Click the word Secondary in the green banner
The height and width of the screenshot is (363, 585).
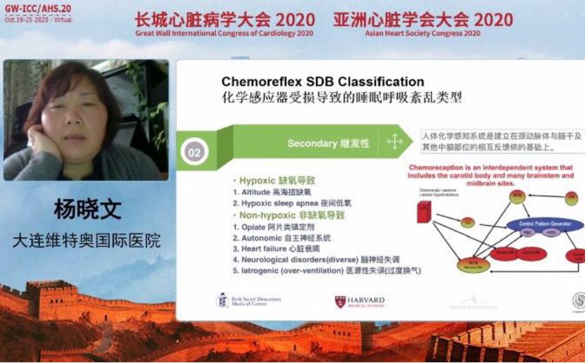[x=312, y=143]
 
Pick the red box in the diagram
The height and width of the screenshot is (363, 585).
[x=424, y=212]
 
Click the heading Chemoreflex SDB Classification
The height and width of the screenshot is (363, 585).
[x=322, y=82]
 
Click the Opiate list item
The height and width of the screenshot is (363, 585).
[x=275, y=227]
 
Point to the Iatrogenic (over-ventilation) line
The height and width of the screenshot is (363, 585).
[x=327, y=270]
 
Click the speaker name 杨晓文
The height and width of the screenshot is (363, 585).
[x=87, y=209]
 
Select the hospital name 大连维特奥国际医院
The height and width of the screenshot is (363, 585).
[x=86, y=241]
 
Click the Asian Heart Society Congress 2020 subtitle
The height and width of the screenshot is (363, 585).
[x=422, y=33]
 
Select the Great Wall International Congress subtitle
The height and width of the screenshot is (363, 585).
[x=225, y=33]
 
